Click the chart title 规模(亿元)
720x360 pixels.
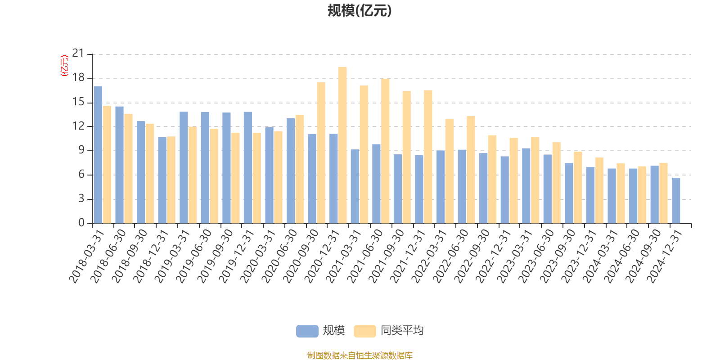[x=359, y=11]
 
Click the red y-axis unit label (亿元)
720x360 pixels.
[x=64, y=66]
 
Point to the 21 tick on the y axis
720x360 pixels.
[x=78, y=54]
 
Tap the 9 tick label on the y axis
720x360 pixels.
[x=81, y=150]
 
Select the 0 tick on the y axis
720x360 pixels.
[x=81, y=223]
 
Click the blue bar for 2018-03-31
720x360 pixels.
[x=98, y=155]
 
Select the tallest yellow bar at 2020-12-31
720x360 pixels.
[x=342, y=145]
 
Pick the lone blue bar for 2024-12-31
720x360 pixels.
[x=676, y=201]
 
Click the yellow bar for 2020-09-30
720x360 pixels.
[x=321, y=153]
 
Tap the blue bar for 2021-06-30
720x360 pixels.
[x=376, y=184]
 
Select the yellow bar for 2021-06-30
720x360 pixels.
[x=385, y=151]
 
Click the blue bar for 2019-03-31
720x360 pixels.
[x=184, y=168]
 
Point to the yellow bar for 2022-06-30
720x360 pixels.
[x=471, y=170]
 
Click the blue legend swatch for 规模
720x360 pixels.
[x=307, y=331]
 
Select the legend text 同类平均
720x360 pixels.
[x=402, y=331]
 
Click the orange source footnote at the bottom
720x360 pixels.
[x=360, y=355]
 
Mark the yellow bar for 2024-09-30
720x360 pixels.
[x=663, y=193]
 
